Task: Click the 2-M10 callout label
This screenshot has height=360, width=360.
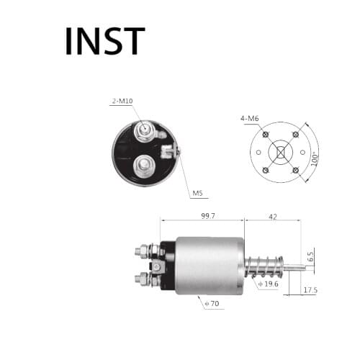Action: (x=122, y=102)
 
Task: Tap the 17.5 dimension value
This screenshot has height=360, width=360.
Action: (x=310, y=290)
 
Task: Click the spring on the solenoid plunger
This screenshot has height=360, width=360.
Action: (x=264, y=266)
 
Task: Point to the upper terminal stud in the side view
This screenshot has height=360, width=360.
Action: (x=141, y=251)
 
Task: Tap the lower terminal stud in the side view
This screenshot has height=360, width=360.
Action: (x=141, y=278)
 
